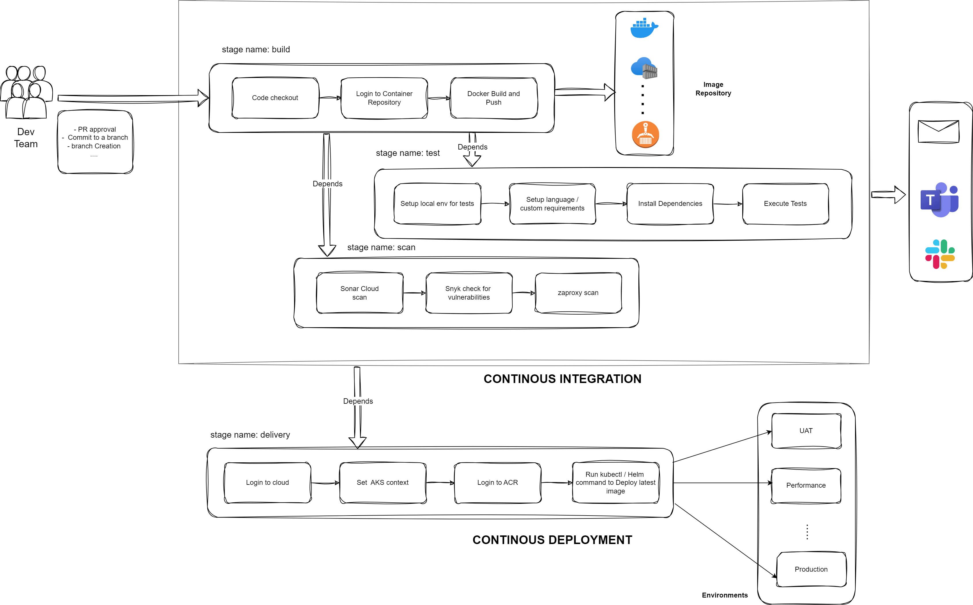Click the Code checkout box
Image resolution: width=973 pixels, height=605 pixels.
coord(275,98)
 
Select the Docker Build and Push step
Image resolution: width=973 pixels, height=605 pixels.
coord(493,98)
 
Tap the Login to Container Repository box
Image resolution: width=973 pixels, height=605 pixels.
coord(384,98)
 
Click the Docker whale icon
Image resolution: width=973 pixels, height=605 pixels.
coord(644,28)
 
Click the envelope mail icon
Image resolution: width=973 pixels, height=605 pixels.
coord(938,131)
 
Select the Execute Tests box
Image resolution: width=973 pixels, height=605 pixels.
coord(785,204)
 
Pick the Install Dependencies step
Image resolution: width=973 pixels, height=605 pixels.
coord(670,204)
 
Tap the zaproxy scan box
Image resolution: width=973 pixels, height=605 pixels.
coord(578,293)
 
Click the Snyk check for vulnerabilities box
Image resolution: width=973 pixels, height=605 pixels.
coord(469,293)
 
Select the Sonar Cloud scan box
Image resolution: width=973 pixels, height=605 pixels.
coord(359,293)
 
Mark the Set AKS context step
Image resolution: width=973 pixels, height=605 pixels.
coord(383,483)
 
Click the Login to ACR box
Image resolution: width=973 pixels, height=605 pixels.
coord(497,483)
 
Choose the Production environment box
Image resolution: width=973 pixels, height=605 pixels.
coord(811,569)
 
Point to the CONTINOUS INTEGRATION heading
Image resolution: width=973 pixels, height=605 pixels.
coord(562,379)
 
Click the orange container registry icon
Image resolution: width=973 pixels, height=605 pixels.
coord(645,135)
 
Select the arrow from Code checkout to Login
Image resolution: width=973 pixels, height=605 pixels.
coord(330,98)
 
